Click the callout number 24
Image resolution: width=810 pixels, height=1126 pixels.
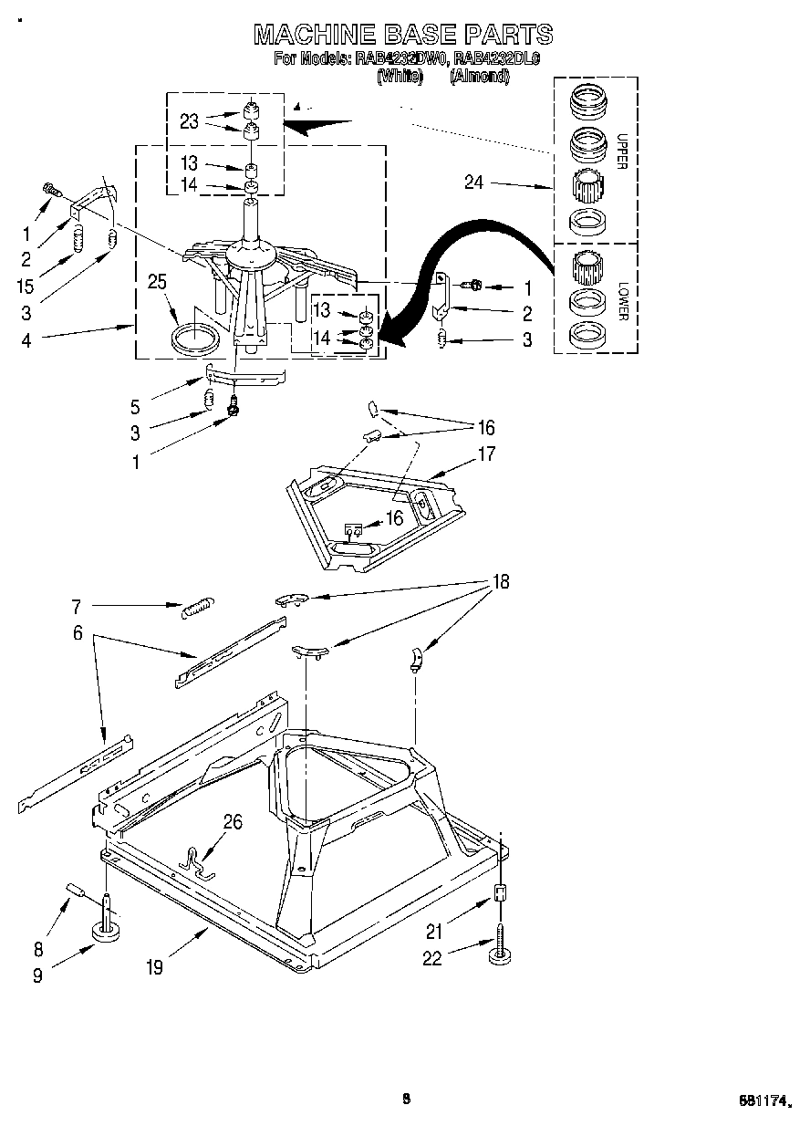coord(473,182)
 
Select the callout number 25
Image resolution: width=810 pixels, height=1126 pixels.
coord(157,282)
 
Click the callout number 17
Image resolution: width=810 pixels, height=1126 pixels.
coord(485,453)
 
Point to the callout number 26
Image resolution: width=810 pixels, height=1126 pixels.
coord(233,822)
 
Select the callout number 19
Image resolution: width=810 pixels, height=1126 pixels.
coord(153,967)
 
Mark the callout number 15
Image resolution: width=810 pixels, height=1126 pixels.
coord(25,287)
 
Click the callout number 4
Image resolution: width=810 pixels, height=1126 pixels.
coord(25,340)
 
